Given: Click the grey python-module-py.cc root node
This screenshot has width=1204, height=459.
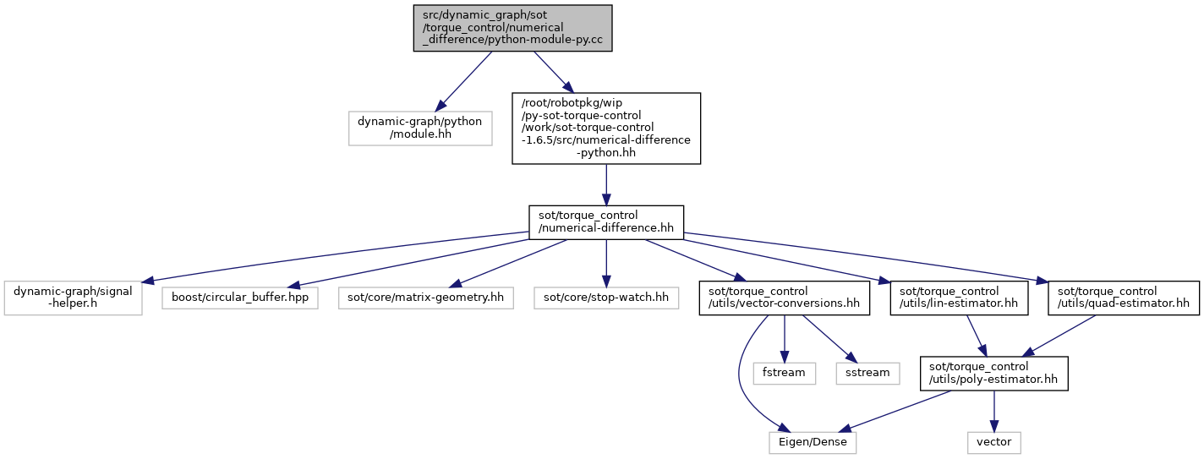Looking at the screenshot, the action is click(x=512, y=28).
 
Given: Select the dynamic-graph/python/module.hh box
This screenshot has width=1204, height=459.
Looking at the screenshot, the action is click(x=419, y=128).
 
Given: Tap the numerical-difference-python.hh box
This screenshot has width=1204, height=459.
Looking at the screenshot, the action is click(x=605, y=128).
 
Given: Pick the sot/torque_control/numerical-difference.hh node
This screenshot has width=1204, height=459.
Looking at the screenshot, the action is click(x=605, y=222).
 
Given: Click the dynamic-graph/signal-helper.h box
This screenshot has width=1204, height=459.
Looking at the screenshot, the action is click(x=73, y=298).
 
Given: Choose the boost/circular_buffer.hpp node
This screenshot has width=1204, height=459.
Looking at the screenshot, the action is click(x=240, y=298).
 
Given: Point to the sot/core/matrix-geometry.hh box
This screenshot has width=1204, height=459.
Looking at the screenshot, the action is click(x=425, y=298).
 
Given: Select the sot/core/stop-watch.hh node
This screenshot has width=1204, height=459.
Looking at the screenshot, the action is click(x=605, y=298).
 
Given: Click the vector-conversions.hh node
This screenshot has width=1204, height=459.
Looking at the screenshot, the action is click(x=785, y=298).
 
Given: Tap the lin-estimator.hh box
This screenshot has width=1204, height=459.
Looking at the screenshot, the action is click(x=959, y=298).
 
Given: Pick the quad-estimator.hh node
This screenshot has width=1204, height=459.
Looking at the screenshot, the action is click(x=1124, y=298).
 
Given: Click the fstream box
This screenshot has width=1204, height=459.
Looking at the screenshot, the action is click(x=785, y=373).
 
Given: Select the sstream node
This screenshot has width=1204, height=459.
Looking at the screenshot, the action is click(x=867, y=373).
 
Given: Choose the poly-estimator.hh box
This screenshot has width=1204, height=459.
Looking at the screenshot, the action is click(x=993, y=373).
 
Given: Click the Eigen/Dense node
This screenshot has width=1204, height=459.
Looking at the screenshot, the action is click(x=813, y=442).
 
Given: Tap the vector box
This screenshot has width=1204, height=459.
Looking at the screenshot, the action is click(x=993, y=442).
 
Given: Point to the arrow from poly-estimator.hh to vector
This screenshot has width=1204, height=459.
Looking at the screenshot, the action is click(x=993, y=411).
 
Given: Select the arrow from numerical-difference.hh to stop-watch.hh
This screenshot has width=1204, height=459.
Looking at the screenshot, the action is click(x=605, y=264).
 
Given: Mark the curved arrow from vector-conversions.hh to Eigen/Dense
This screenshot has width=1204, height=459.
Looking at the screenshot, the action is click(x=740, y=376).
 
